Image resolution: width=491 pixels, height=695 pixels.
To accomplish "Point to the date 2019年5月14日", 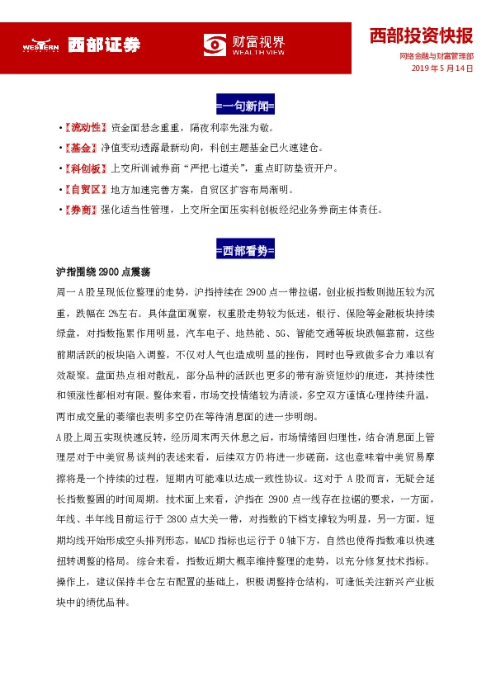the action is pos(442,69).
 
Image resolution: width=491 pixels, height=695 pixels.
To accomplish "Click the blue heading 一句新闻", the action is pos(244,106).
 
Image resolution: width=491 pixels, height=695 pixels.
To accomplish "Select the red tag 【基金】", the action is pos(82,149).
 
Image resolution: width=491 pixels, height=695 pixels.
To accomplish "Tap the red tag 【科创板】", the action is pos(87,169).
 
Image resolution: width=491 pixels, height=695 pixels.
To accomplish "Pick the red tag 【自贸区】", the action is pos(87,190).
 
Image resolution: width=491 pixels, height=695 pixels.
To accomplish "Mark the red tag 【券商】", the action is pos(82,210).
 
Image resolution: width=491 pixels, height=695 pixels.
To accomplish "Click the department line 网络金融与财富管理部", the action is pos(436,56).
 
